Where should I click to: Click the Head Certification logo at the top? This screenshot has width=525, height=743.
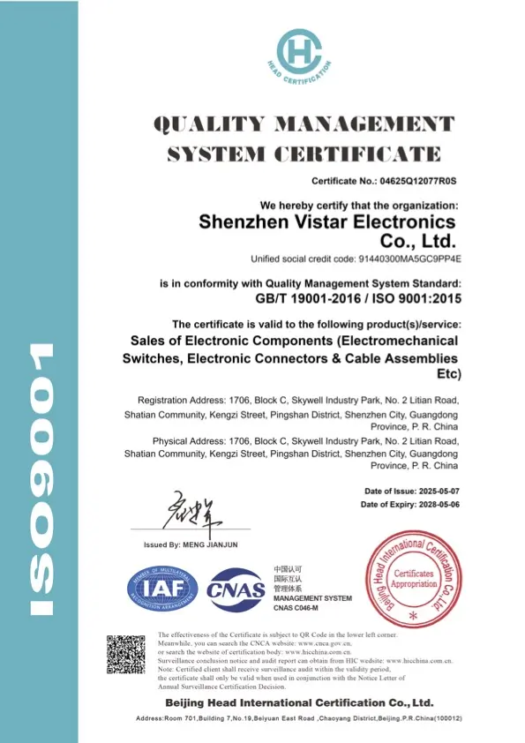pos(304,54)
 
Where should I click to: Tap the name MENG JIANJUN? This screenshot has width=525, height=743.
pos(208,544)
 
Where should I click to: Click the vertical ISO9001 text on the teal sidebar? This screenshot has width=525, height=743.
pos(40,480)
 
